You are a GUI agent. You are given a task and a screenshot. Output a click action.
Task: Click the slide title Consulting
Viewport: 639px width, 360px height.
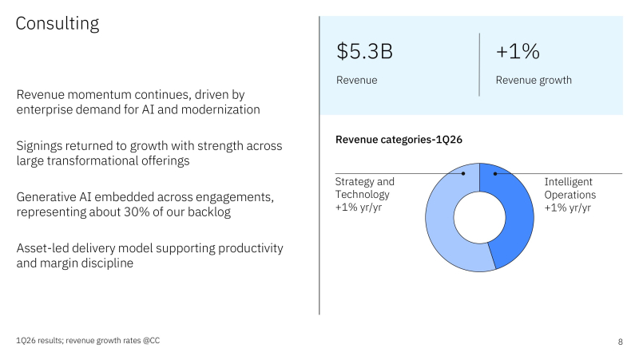(x=58, y=24)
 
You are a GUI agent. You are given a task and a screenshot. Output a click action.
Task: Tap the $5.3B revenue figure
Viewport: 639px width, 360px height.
(x=364, y=52)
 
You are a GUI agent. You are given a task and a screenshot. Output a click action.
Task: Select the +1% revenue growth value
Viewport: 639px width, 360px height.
(x=518, y=52)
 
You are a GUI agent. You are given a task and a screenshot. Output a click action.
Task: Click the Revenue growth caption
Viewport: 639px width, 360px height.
(x=534, y=80)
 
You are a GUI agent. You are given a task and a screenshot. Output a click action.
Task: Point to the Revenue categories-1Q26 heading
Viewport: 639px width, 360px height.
(x=399, y=140)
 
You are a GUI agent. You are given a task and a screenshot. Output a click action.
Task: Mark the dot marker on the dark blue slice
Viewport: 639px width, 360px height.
(x=495, y=173)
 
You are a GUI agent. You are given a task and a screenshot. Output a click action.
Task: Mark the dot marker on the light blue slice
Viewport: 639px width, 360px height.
(x=463, y=173)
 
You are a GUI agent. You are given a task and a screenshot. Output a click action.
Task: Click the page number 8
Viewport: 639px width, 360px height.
(x=621, y=342)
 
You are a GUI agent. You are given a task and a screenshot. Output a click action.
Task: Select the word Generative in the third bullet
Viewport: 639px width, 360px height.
(x=49, y=197)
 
